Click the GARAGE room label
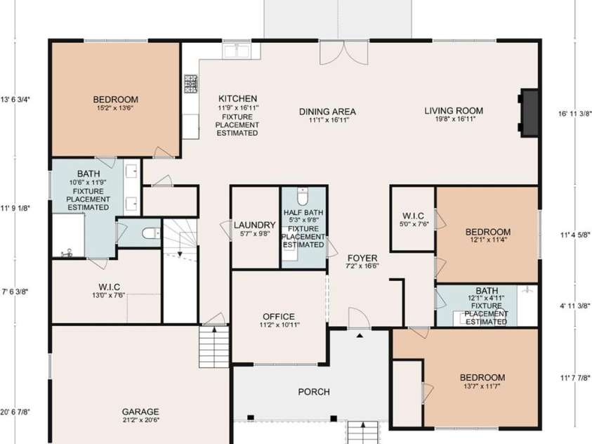click(140, 412)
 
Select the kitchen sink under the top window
click(237, 51)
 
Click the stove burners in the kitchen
click(191, 84)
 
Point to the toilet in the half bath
click(303, 196)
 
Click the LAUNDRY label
click(255, 225)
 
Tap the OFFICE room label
click(279, 316)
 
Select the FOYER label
click(362, 259)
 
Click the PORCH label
click(314, 392)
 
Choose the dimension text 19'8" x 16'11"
click(455, 119)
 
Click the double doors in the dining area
click(344, 53)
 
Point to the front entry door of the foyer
click(359, 319)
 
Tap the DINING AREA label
click(327, 112)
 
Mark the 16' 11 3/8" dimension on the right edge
click(575, 114)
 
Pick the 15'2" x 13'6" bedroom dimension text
click(115, 107)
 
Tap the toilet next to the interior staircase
click(152, 233)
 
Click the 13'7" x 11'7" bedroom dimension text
click(482, 386)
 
